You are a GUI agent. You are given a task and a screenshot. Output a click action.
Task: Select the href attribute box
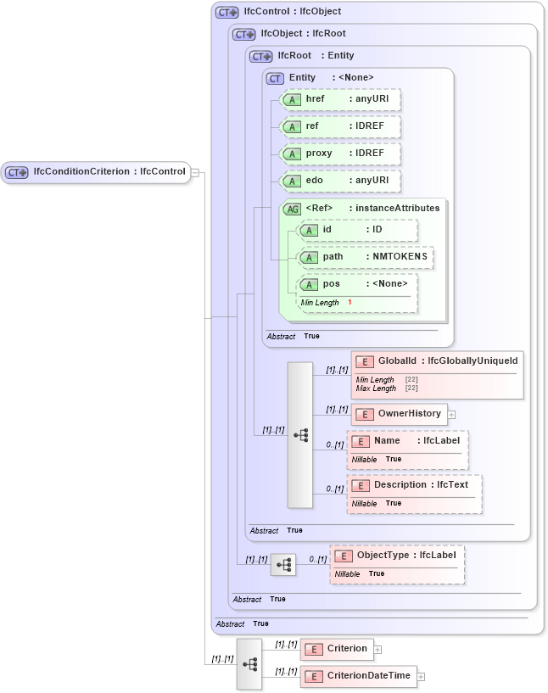pyautogui.click(x=339, y=99)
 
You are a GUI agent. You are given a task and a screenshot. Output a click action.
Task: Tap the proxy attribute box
pyautogui.click(x=339, y=154)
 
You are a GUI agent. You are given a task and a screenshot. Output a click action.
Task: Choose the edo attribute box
pyautogui.click(x=339, y=181)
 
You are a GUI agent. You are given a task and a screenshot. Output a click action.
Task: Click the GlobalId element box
pyautogui.click(x=437, y=361)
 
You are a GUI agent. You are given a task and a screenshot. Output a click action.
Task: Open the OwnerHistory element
pyautogui.click(x=399, y=414)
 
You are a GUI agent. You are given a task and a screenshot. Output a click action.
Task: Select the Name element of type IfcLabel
pyautogui.click(x=406, y=441)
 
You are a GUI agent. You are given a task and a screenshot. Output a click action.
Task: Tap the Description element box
pyautogui.click(x=414, y=485)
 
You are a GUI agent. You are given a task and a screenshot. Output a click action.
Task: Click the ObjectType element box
pyautogui.click(x=397, y=556)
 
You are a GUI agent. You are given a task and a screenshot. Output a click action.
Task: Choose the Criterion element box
pyautogui.click(x=337, y=649)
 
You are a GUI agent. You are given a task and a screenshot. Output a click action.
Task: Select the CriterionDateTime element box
pyautogui.click(x=358, y=676)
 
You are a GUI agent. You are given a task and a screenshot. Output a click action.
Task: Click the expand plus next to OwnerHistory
pyautogui.click(x=451, y=415)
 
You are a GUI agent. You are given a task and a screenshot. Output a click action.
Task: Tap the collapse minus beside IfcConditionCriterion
pyautogui.click(x=195, y=172)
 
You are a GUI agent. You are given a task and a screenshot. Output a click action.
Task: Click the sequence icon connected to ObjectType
pyautogui.click(x=283, y=564)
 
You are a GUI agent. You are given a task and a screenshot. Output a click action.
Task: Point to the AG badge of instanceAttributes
pyautogui.click(x=292, y=208)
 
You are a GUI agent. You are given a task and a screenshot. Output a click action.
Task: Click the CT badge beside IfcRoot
pyautogui.click(x=260, y=56)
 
